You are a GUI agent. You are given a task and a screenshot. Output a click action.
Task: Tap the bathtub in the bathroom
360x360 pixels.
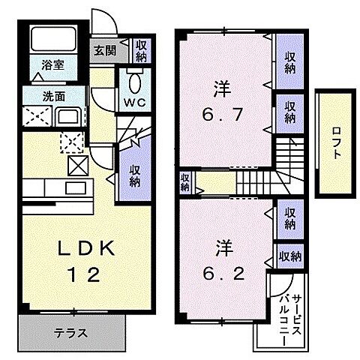click(49, 43)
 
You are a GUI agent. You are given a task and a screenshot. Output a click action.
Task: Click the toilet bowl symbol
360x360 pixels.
click(135, 80)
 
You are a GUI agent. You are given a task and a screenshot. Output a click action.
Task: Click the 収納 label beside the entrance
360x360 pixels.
click(141, 52)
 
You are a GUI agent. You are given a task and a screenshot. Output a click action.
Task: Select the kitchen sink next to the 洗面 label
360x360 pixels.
click(67, 116)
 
